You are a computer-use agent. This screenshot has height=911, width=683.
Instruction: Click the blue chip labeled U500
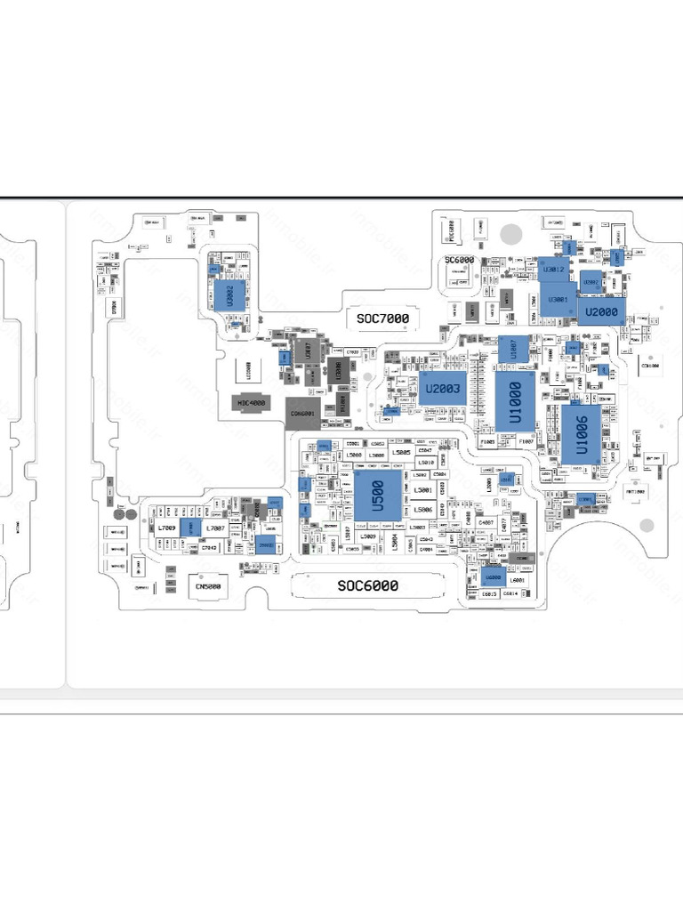coord(377,496)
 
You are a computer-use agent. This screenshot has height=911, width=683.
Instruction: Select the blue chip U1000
coord(515,402)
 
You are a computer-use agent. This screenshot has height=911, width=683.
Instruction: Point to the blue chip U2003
coord(442,388)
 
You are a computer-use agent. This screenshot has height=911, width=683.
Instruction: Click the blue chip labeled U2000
coord(601,310)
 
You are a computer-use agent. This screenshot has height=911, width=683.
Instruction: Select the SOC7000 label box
coord(382,318)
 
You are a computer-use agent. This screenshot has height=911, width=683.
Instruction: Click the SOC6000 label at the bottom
coord(367,585)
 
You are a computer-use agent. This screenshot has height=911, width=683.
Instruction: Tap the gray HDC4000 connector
coord(252,403)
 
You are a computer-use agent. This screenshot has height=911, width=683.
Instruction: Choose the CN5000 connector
coord(206,587)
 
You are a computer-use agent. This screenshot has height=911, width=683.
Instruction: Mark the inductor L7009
coord(167,528)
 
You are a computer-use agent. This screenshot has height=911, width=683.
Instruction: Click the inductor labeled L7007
coord(214,528)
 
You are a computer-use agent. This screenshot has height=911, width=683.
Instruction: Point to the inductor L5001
coord(424,490)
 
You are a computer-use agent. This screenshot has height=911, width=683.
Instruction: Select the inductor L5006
coord(424,509)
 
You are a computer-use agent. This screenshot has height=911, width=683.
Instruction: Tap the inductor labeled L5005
coord(402,454)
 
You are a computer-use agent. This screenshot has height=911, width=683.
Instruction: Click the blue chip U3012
coord(553,269)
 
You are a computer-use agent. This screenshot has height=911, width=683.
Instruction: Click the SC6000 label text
coord(460,260)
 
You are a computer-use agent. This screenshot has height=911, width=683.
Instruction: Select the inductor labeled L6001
coord(518,580)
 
